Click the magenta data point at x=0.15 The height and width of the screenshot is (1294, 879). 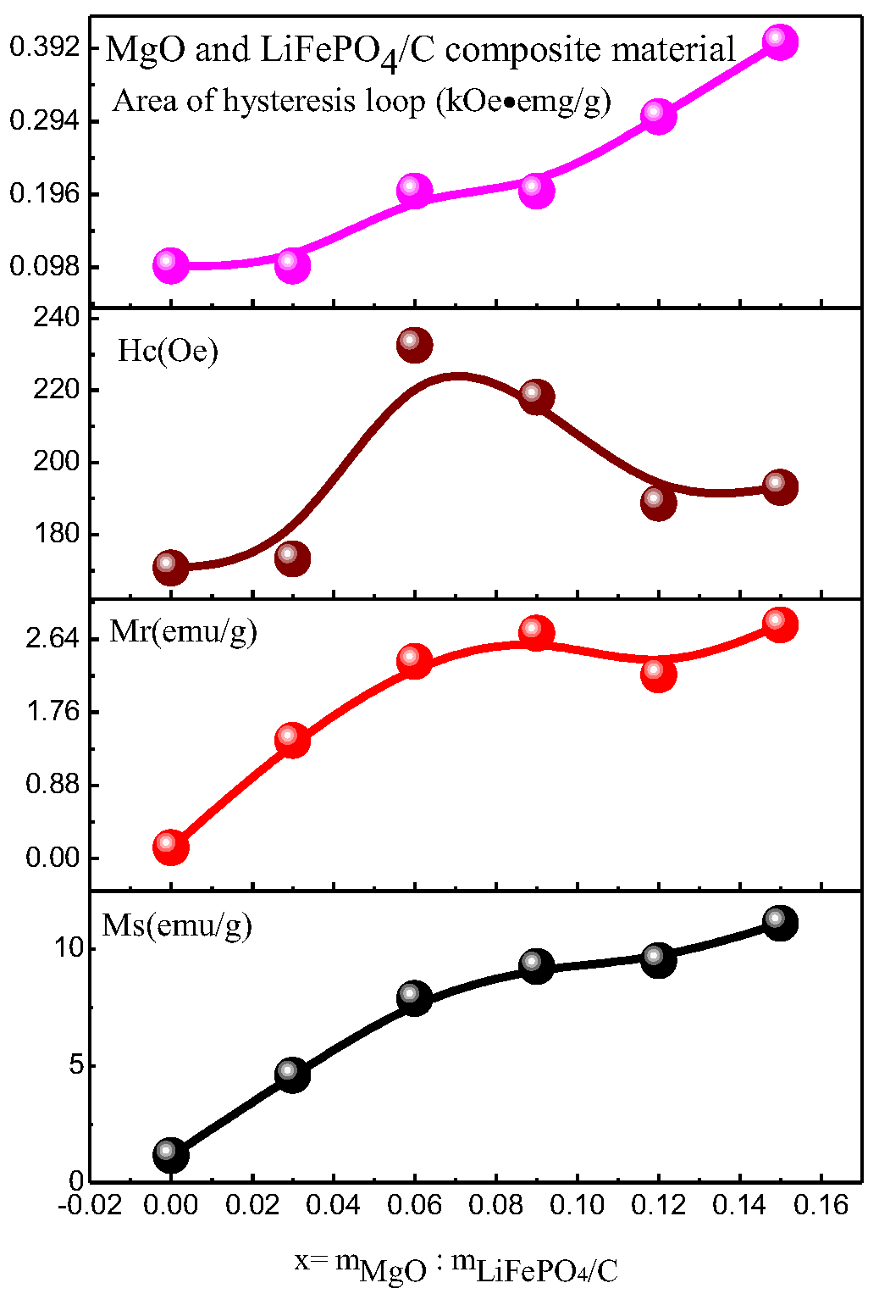(x=779, y=42)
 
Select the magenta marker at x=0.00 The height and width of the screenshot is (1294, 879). (x=170, y=265)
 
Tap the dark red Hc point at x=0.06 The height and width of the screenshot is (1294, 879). (x=414, y=345)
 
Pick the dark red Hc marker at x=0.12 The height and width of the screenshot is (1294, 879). (x=658, y=503)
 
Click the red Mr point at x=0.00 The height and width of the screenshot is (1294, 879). (x=170, y=847)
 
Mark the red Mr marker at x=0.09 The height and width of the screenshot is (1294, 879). (x=536, y=633)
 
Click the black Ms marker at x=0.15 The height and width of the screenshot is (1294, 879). (x=779, y=923)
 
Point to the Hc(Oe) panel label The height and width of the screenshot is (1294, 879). (x=168, y=350)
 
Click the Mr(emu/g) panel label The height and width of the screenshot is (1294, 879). (x=183, y=631)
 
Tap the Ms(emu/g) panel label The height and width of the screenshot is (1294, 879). (x=177, y=925)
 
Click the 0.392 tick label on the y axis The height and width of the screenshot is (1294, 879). (x=45, y=47)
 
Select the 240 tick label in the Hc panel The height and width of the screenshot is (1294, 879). (x=57, y=318)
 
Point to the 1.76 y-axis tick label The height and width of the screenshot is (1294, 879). (x=53, y=711)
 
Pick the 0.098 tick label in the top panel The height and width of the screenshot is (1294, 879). (x=45, y=267)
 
